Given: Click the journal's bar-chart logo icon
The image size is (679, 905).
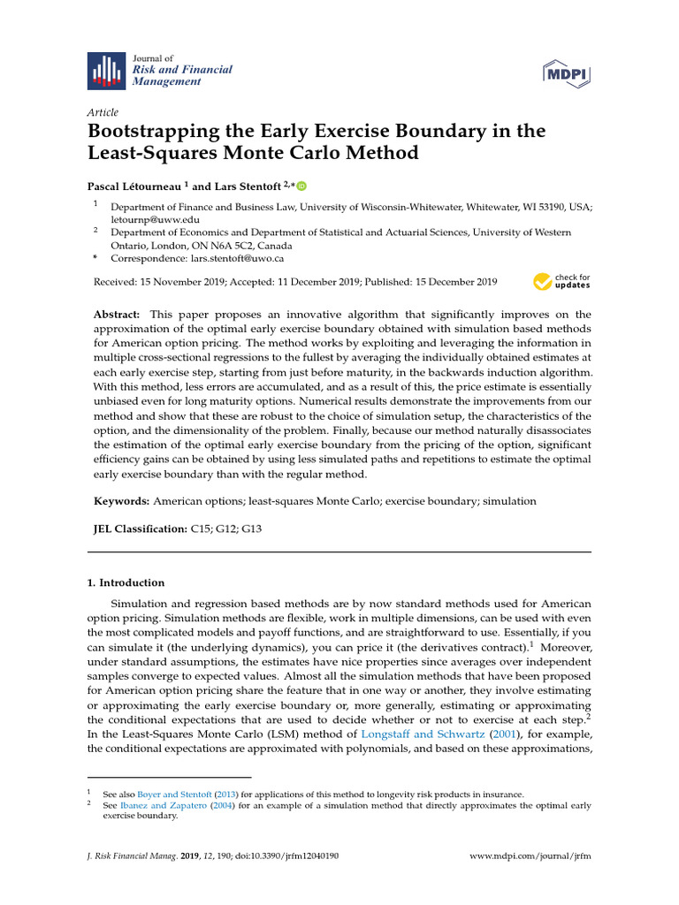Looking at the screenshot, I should click(x=106, y=71).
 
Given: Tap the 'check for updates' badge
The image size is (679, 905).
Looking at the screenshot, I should click(x=561, y=282).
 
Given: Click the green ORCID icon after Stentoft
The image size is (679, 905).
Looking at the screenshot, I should click(x=301, y=186).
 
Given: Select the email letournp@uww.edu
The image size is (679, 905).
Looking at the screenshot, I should click(x=155, y=218).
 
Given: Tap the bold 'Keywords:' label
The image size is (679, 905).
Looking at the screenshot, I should click(x=122, y=501).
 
